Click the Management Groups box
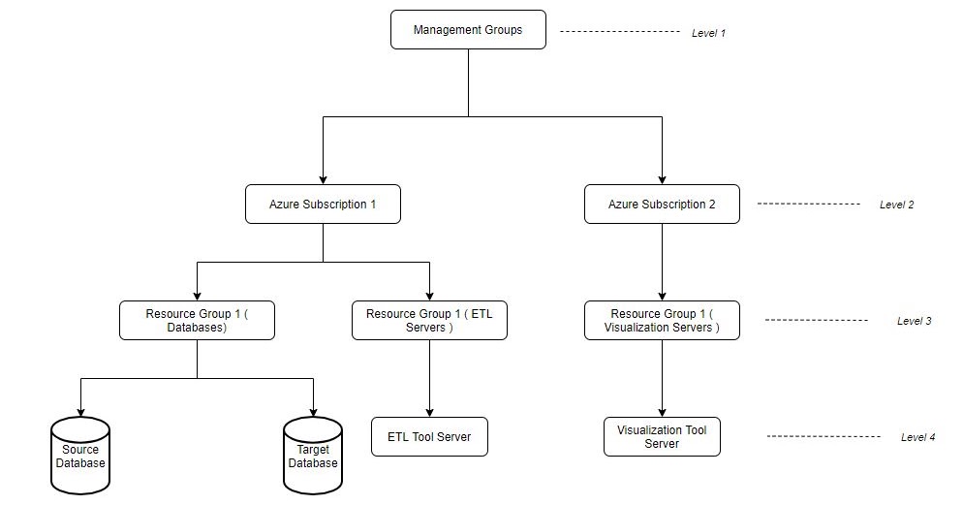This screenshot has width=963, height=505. click(468, 30)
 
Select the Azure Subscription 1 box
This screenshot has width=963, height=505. click(323, 205)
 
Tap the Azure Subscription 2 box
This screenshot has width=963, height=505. click(662, 205)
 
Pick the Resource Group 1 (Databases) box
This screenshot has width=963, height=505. click(197, 321)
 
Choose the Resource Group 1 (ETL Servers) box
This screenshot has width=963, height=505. click(429, 321)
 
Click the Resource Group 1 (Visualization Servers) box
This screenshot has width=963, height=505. click(662, 321)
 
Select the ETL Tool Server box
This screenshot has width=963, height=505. click(429, 437)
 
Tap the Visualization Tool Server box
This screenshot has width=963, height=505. click(662, 437)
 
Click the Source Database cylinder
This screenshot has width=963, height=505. click(80, 456)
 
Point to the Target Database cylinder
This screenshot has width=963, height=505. click(313, 456)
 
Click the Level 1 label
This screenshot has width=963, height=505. click(708, 33)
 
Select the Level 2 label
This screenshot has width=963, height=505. click(896, 205)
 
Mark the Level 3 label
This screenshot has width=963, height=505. click(914, 321)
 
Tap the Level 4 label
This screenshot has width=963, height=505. click(917, 437)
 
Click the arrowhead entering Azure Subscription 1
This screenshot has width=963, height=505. click(323, 179)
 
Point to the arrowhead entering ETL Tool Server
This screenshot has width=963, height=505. click(429, 412)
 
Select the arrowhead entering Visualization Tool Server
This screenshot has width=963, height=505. click(662, 412)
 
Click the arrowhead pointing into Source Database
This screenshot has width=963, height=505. click(80, 412)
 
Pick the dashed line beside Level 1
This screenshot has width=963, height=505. click(620, 32)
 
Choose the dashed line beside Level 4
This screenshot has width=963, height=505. click(829, 437)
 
